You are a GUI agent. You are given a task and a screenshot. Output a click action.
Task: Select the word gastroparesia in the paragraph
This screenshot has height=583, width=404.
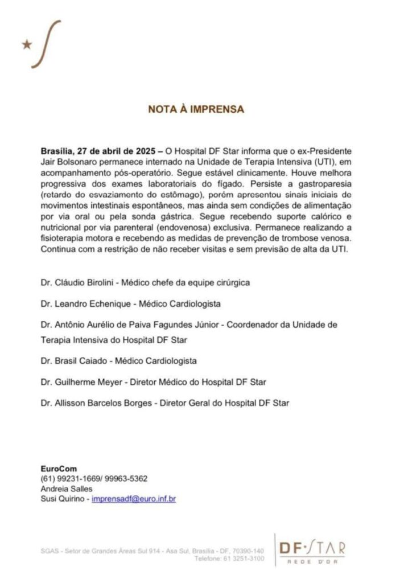[x=336, y=183]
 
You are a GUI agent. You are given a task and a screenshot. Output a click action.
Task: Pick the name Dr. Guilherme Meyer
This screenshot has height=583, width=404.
[x=82, y=381]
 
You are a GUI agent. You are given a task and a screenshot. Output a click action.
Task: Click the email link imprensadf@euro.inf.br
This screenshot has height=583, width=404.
[x=134, y=499]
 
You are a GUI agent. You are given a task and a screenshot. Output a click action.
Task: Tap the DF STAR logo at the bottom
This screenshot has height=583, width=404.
[x=312, y=548]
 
